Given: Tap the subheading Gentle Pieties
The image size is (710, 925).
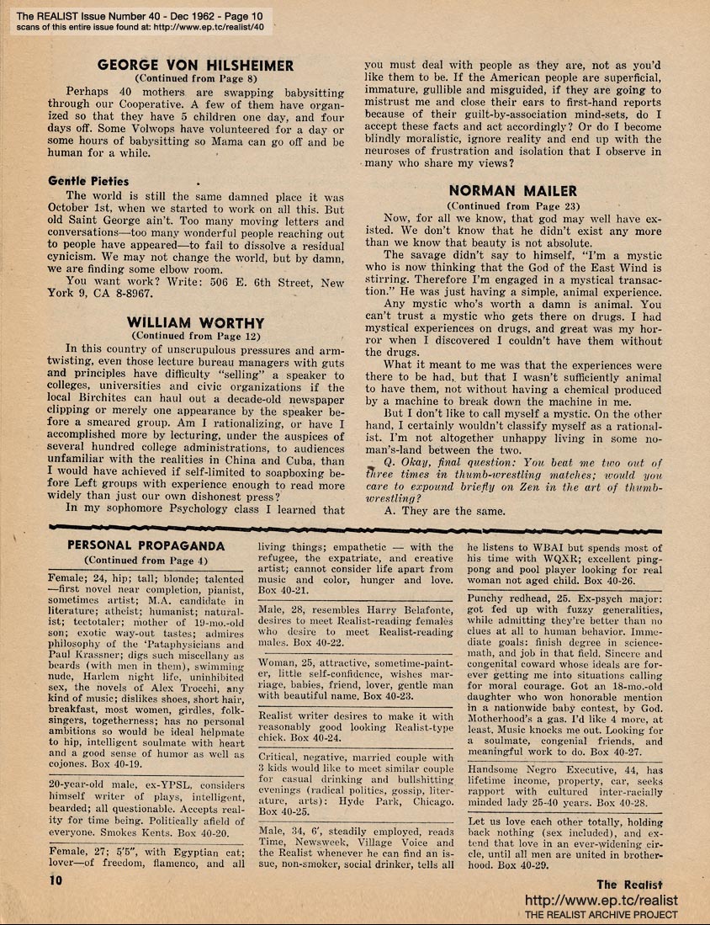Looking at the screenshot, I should tap(88, 181).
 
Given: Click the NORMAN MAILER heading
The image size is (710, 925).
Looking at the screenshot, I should tap(512, 191).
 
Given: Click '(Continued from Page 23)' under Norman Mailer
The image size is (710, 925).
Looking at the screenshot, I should tap(512, 205).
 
